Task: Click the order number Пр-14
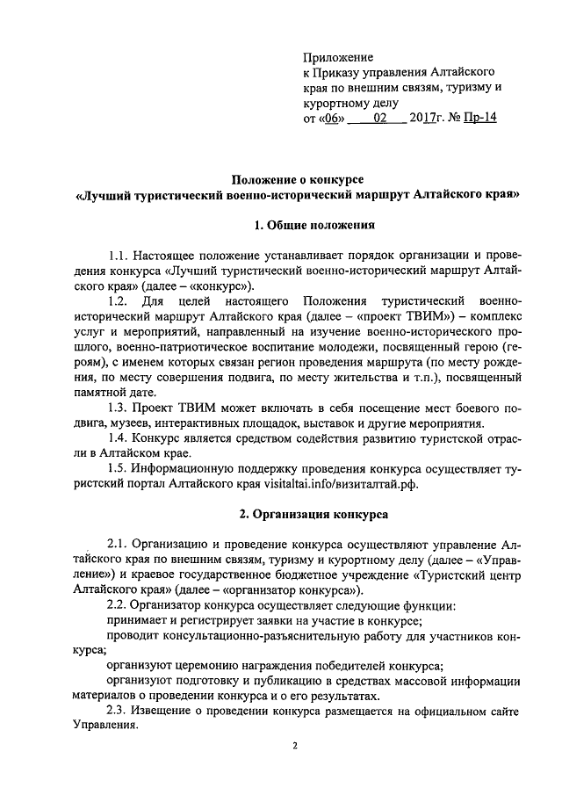coord(482,116)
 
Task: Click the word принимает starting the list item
coord(137,621)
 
